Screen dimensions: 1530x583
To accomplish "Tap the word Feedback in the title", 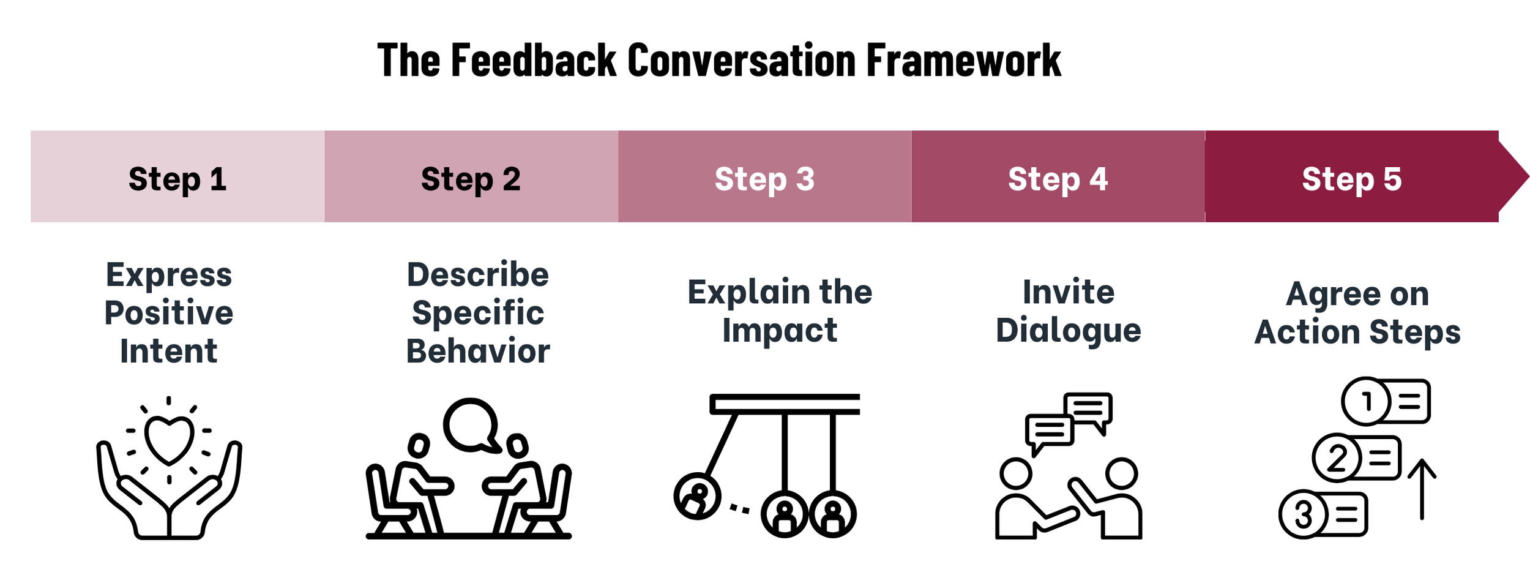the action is (533, 61).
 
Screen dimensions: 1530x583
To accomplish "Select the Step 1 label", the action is (177, 179).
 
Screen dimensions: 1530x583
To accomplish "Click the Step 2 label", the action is (471, 179).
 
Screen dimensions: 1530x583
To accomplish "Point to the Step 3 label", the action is (764, 179).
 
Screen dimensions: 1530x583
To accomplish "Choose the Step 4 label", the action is (1058, 179).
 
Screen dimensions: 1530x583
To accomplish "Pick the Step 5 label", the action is (1351, 179).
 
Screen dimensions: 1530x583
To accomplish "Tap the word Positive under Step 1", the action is (169, 313).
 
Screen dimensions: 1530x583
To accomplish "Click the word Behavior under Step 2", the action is (478, 352).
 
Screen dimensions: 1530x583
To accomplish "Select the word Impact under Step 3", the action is (779, 331).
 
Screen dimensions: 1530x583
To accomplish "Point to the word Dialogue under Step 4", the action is (1069, 331).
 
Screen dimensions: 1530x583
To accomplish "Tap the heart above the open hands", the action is (169, 438).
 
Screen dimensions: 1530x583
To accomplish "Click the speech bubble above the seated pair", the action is (471, 424).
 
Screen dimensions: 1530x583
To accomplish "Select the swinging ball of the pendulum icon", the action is (697, 496).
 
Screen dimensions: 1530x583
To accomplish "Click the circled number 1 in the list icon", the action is (1365, 402).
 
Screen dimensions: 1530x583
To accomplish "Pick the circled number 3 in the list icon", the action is (1303, 514).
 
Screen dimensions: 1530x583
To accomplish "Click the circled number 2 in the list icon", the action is (1337, 458).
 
